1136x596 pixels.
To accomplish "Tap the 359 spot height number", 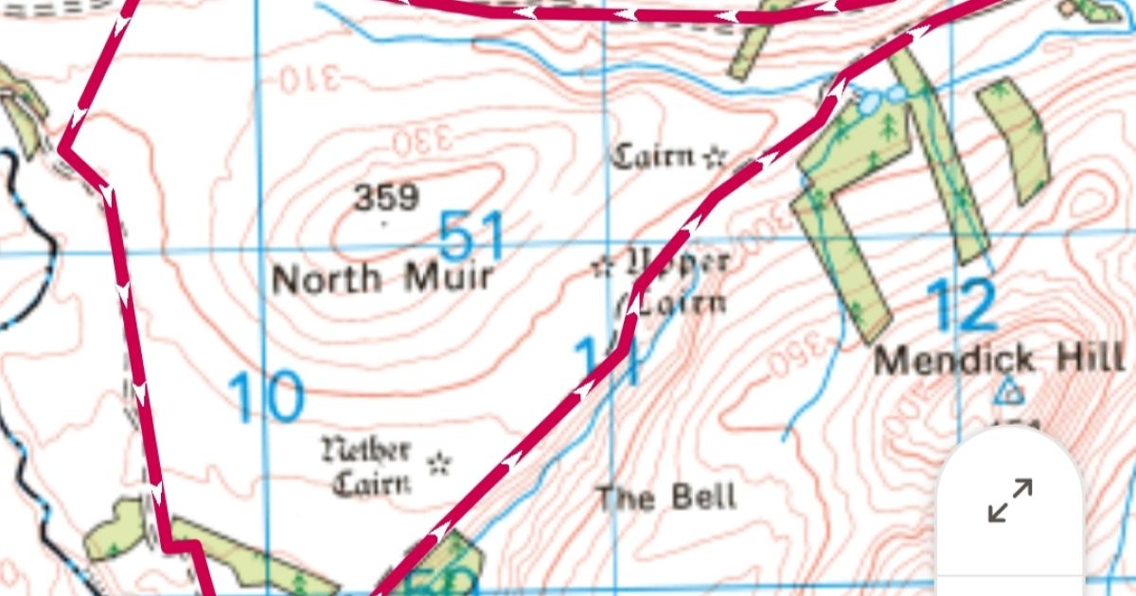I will pyautogui.click(x=386, y=198).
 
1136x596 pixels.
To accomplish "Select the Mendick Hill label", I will pyautogui.click(x=999, y=359).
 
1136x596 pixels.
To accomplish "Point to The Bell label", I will pyautogui.click(x=666, y=497).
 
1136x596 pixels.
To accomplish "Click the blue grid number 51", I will pyautogui.click(x=473, y=235).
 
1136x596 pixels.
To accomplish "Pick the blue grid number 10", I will pyautogui.click(x=268, y=398).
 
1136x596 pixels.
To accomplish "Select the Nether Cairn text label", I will pyautogui.click(x=367, y=466).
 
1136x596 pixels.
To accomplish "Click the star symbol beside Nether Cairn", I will pyautogui.click(x=437, y=463).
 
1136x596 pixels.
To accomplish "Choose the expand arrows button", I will pyautogui.click(x=1010, y=500).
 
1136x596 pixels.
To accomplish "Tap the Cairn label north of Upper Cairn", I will pyautogui.click(x=655, y=156).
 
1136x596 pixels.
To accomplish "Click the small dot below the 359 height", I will pyautogui.click(x=383, y=224).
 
